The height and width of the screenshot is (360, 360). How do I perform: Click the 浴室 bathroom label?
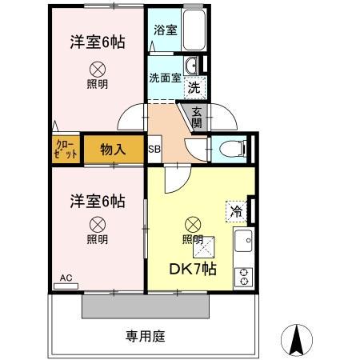[165, 30]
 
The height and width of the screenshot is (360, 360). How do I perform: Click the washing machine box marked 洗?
[194, 86]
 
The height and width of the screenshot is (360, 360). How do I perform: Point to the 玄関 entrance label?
[197, 118]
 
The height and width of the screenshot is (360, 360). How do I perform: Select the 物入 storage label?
[112, 149]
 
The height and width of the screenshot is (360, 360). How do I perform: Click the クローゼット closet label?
[66, 149]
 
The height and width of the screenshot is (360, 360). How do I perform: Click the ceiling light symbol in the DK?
[192, 223]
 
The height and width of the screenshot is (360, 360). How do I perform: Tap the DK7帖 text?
[191, 269]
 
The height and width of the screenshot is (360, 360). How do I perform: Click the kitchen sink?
[242, 240]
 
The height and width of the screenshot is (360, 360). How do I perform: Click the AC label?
[66, 278]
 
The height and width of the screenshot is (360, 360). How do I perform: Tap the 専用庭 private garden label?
[145, 336]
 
